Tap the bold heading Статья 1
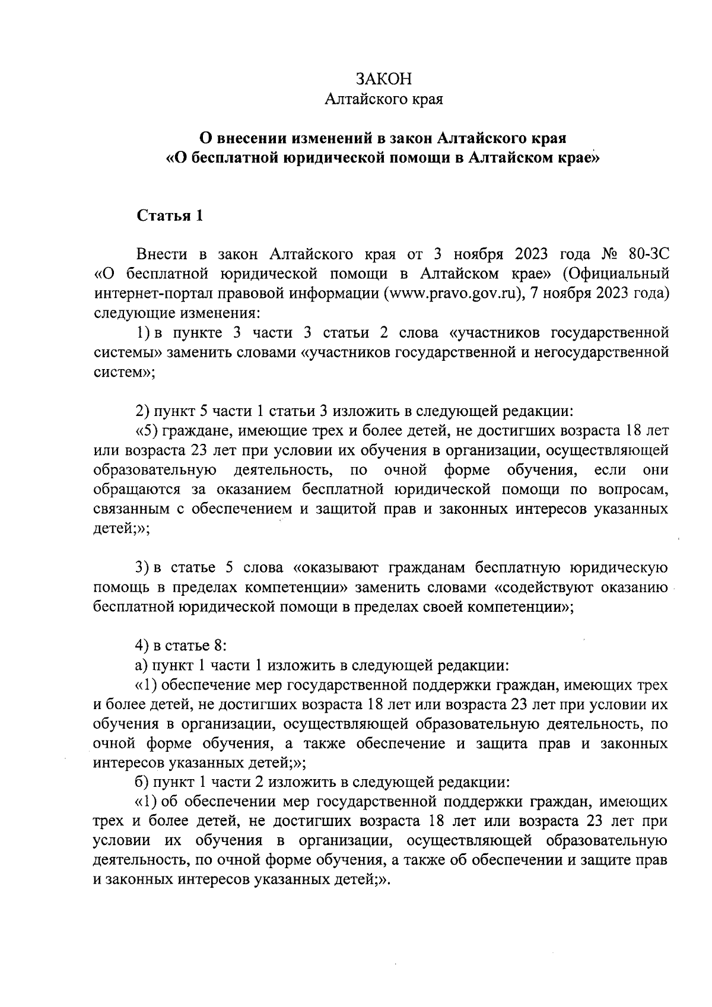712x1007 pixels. point(170,215)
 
